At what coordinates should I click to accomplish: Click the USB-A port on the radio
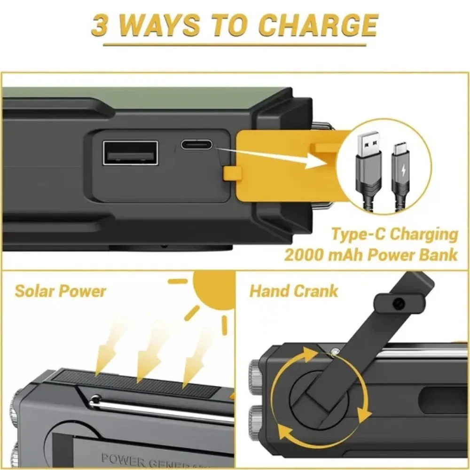[130, 153]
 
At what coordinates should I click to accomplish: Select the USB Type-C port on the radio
[197, 145]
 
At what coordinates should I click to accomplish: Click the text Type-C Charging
[394, 234]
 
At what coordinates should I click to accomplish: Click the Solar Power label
[60, 291]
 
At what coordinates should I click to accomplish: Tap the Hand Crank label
[293, 291]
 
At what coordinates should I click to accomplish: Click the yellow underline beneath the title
[235, 45]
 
